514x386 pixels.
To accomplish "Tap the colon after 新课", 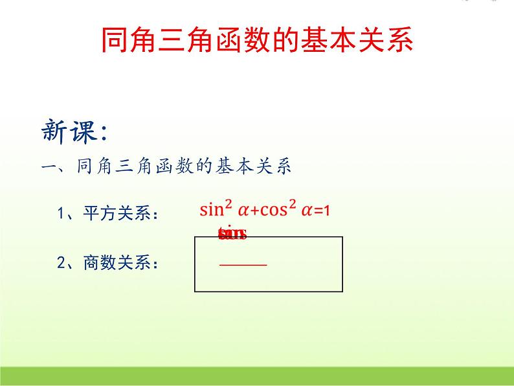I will click(x=102, y=134).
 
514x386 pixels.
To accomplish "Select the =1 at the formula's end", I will click(x=322, y=210).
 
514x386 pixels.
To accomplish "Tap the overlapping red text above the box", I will click(x=232, y=234).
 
